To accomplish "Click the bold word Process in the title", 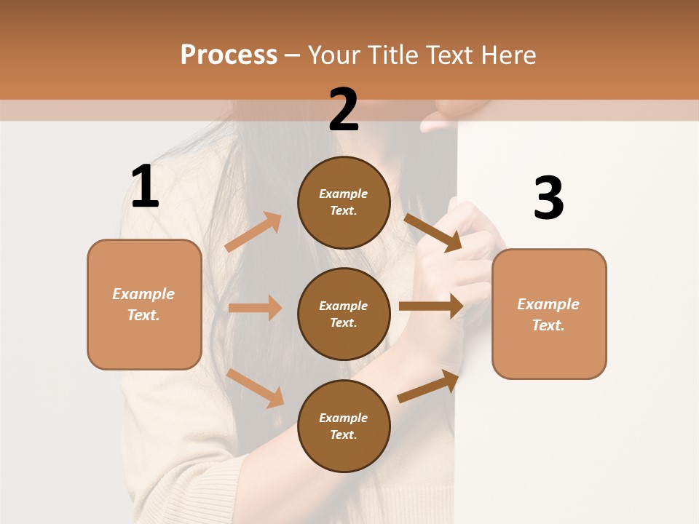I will pos(229,55).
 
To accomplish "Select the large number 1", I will pos(145,187).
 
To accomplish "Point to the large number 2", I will pos(344,110).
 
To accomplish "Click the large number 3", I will pos(548,198).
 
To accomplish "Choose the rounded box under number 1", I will pos(144,304).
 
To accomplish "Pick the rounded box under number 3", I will pos(549,314).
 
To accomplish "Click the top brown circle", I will pos(344,202).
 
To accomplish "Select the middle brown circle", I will pos(344,314).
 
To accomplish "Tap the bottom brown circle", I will pos(344,426).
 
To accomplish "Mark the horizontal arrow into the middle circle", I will pos(255,308).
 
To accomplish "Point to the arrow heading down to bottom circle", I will pos(256,388).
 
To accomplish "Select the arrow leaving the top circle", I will pos(433,232).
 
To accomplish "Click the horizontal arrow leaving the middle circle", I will pos(431,306).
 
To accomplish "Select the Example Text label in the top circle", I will pos(344,202).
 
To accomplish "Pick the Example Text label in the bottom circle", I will pos(344,426).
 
